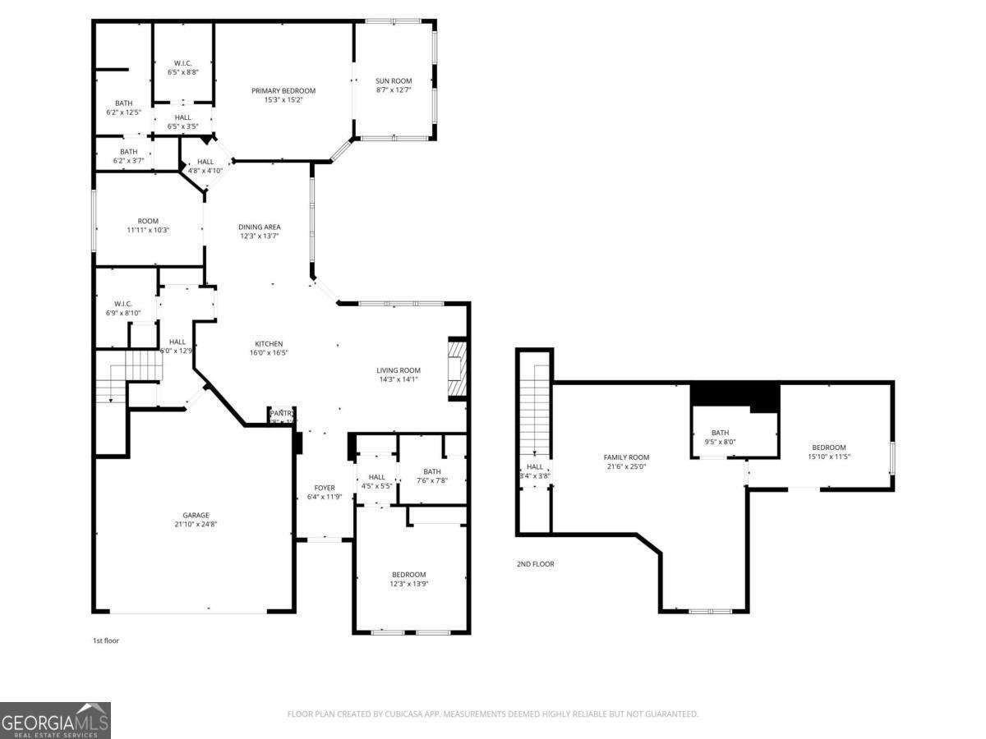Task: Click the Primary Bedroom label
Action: [x=283, y=90]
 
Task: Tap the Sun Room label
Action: [x=394, y=80]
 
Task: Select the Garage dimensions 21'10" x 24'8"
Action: [x=195, y=524]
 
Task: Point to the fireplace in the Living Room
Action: [x=457, y=369]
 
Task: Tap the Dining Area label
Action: [x=260, y=227]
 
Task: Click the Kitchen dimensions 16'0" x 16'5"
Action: [x=269, y=353]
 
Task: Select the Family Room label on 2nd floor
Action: [x=626, y=457]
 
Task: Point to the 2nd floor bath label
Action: [x=720, y=433]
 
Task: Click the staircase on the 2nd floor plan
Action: [x=535, y=411]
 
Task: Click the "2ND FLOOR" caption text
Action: [x=535, y=564]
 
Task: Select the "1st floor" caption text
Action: [x=105, y=640]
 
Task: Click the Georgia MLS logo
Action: [x=55, y=720]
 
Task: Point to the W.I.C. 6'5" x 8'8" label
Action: [x=183, y=67]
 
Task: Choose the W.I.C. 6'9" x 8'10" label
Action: [x=124, y=308]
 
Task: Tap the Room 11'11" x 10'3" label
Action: [x=148, y=225]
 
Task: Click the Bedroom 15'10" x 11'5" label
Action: [x=828, y=452]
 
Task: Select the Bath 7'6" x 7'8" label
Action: [x=432, y=475]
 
